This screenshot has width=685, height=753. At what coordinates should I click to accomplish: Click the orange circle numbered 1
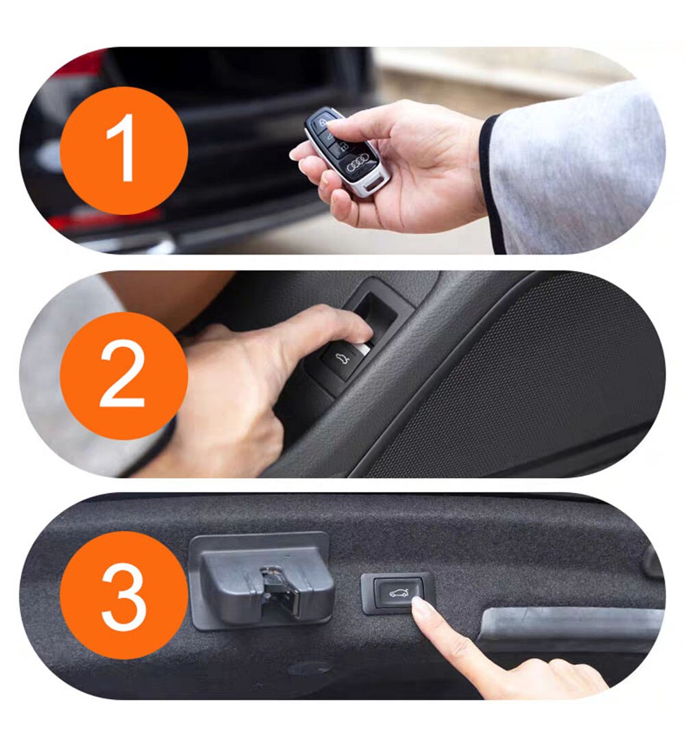pos(124,151)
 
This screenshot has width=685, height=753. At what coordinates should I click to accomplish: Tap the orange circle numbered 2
pos(124,376)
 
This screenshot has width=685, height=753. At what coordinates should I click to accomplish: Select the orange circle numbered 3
pos(124,595)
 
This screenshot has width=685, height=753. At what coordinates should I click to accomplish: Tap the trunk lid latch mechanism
pos(262,581)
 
